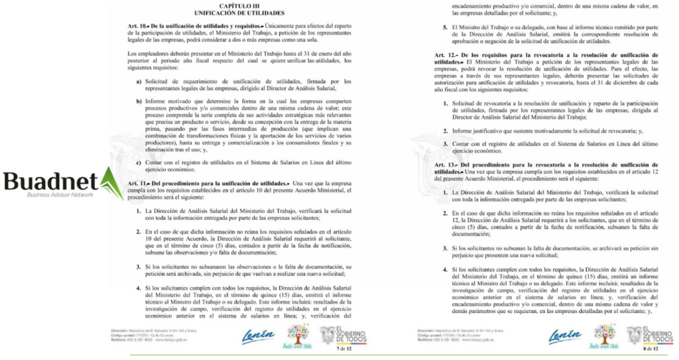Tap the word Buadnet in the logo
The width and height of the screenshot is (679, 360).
pos(50,181)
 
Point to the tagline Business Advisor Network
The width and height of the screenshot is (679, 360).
pos(60,195)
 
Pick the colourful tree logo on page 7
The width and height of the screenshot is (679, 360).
pos(297,335)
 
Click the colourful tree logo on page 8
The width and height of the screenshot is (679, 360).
pos(605,335)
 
